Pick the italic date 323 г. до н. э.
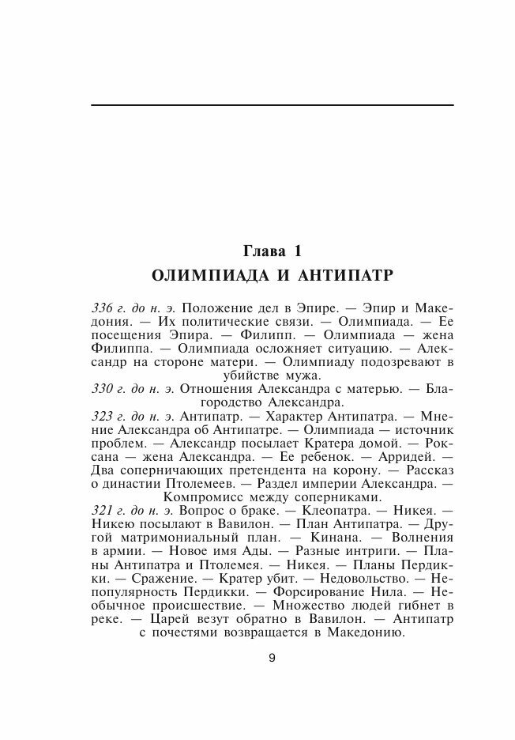pyautogui.click(x=135, y=416)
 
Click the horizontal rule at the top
pyautogui.click(x=272, y=105)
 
